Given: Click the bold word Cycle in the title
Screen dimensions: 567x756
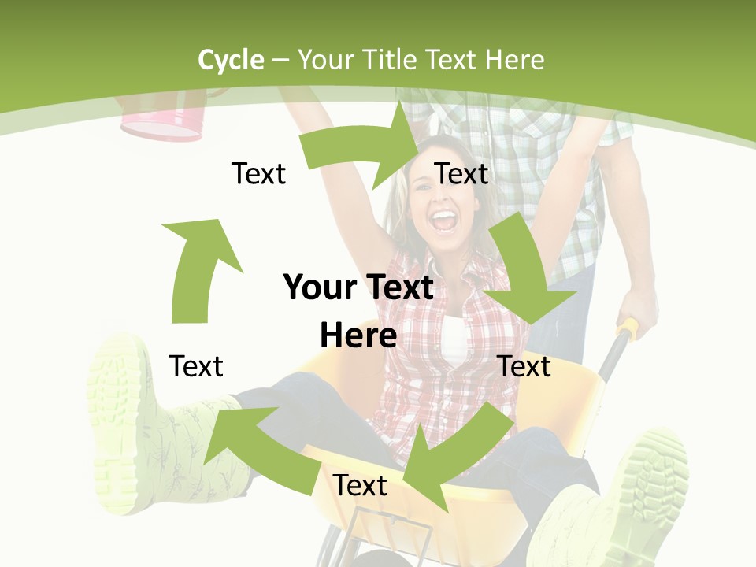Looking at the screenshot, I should [231, 60].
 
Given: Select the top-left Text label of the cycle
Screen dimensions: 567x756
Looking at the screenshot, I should [258, 173].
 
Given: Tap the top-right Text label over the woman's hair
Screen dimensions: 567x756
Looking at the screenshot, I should [461, 173].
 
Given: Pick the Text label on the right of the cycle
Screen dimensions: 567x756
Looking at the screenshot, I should [524, 366].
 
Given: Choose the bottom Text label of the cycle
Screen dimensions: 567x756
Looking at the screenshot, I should [360, 485].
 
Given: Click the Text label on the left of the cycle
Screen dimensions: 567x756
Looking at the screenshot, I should [196, 366].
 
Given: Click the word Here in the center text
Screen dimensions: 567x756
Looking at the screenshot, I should [358, 335].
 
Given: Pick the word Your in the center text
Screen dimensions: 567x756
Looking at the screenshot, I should [316, 287].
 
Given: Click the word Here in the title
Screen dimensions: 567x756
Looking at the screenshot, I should [514, 60].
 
